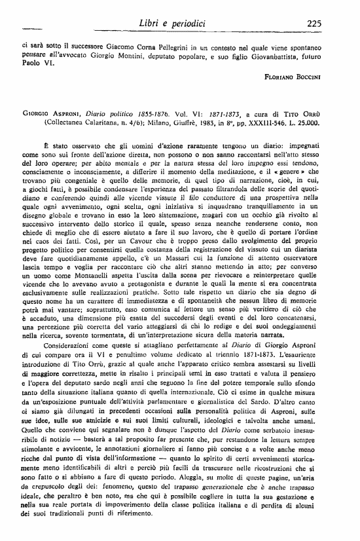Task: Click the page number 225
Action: coord(312,24)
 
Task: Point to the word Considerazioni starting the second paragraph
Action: coord(71,344)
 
